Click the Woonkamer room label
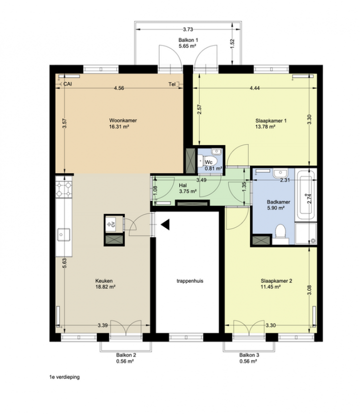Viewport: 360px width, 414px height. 123,120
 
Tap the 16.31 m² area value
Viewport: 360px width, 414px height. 119,126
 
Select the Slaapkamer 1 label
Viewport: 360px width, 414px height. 271,120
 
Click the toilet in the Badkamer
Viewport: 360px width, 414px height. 280,234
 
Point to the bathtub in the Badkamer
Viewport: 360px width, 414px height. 306,194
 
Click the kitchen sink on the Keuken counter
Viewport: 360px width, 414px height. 63,234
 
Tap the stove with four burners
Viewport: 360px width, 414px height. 63,187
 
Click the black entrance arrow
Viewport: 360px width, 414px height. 165,224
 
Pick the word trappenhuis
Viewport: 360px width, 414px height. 190,281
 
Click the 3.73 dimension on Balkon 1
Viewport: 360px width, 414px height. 188,29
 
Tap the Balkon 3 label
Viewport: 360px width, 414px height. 249,355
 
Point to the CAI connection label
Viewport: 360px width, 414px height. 67,84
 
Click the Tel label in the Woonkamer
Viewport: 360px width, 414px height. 172,84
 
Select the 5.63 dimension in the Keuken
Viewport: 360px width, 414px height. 64,263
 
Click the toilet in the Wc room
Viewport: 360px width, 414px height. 207,160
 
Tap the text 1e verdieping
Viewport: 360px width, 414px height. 64,377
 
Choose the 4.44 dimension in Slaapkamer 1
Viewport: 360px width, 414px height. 254,88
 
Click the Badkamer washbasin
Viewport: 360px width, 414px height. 280,173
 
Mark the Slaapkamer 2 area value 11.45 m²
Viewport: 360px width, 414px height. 270,287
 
